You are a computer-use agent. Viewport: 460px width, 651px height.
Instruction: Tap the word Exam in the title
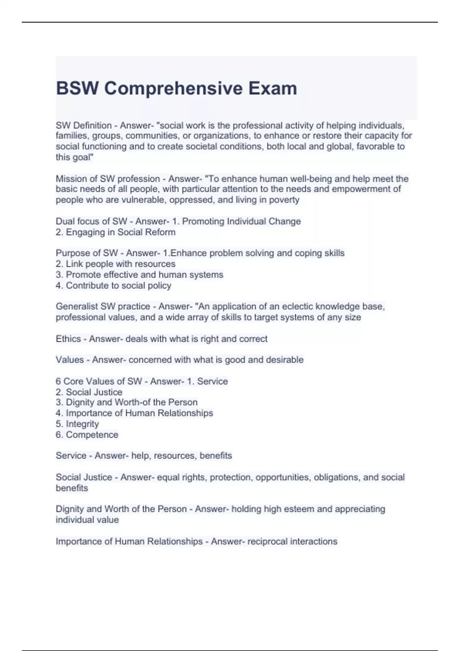273,88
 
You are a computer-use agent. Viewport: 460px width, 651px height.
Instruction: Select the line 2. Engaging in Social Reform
115,232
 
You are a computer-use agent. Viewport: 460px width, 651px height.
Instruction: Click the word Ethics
68,339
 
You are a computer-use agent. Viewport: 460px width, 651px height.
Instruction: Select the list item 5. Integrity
77,424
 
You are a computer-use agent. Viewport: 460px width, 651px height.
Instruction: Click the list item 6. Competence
87,435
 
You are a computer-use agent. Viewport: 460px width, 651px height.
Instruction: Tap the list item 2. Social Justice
89,392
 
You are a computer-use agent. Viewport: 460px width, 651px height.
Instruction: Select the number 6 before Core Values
58,381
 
